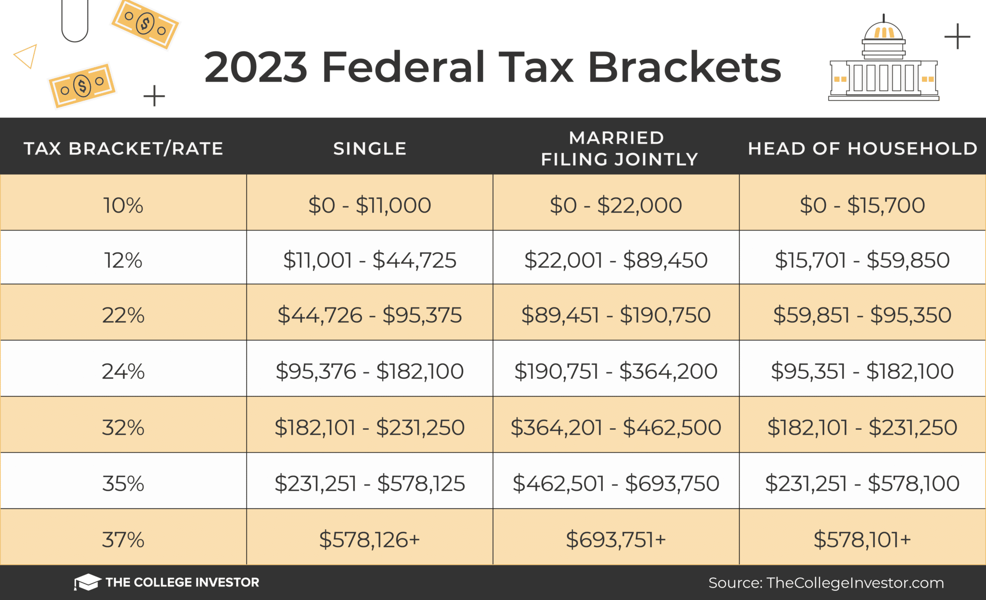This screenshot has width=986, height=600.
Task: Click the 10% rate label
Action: pos(123,205)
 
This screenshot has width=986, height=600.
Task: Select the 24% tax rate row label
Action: pos(123,371)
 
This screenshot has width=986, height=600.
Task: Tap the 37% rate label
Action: pos(123,539)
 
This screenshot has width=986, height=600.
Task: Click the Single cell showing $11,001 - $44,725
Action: pos(369,260)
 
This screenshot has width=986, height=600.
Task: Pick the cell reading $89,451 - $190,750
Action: pos(616,315)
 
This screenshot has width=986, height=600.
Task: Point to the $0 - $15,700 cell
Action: pos(862,205)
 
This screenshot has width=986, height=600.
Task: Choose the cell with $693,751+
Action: pos(616,539)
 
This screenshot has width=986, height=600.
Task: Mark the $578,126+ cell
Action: pos(369,539)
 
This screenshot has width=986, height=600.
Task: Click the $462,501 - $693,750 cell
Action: pos(616,484)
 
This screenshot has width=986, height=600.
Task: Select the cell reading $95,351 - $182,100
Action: pos(862,371)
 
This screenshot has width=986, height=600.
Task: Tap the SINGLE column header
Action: pos(370,149)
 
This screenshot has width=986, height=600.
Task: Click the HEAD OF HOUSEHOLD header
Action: pos(862,149)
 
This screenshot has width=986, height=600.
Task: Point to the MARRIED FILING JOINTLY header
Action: pos(619,149)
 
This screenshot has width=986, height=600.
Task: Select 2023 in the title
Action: pos(256,67)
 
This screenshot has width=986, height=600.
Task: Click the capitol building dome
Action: pos(883,31)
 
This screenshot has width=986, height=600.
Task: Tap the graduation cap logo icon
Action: pos(87,582)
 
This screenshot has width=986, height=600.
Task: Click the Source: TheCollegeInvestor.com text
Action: pos(826,583)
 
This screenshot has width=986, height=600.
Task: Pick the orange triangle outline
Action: pos(26,56)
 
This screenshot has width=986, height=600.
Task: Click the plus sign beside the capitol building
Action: pos(957,37)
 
